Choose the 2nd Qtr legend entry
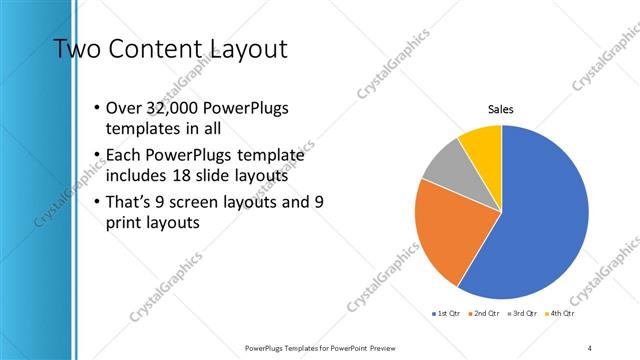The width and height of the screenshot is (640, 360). (x=483, y=314)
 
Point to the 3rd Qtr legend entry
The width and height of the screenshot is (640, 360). (x=523, y=314)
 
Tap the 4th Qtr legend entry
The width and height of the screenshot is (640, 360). (x=562, y=314)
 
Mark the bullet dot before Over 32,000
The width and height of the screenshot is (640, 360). (x=95, y=108)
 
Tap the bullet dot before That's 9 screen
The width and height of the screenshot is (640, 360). (x=95, y=202)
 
